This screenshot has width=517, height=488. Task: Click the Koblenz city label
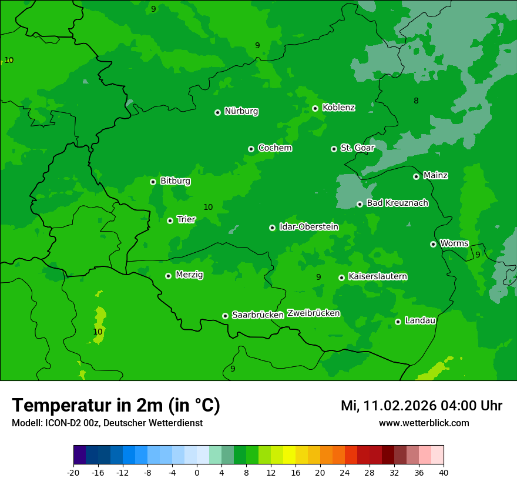coord(338,108)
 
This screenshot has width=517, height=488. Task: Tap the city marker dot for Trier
coord(170,220)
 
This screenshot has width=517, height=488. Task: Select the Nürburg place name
coord(241,111)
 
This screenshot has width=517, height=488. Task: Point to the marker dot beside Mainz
coord(416,176)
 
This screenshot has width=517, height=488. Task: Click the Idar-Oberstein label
coord(308,227)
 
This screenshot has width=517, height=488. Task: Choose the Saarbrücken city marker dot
coord(225,316)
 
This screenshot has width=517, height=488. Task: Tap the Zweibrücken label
coord(313,313)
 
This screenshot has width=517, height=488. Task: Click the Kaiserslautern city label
coord(377,276)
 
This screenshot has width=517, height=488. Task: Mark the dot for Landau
coord(398,322)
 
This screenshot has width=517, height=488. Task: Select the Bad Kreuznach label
coord(397,203)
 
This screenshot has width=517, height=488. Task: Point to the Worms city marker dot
coord(433,244)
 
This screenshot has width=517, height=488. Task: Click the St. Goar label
coord(357,148)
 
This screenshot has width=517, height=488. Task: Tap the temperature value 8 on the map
coord(416,101)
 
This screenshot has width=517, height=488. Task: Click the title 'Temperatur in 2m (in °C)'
coord(116,406)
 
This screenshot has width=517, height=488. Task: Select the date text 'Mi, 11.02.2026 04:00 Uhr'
coord(421,406)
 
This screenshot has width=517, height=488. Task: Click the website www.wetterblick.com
coord(424,423)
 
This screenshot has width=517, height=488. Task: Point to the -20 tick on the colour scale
coord(73,473)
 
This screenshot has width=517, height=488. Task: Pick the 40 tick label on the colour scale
coord(443,473)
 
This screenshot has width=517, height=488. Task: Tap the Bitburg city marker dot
coord(153,182)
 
